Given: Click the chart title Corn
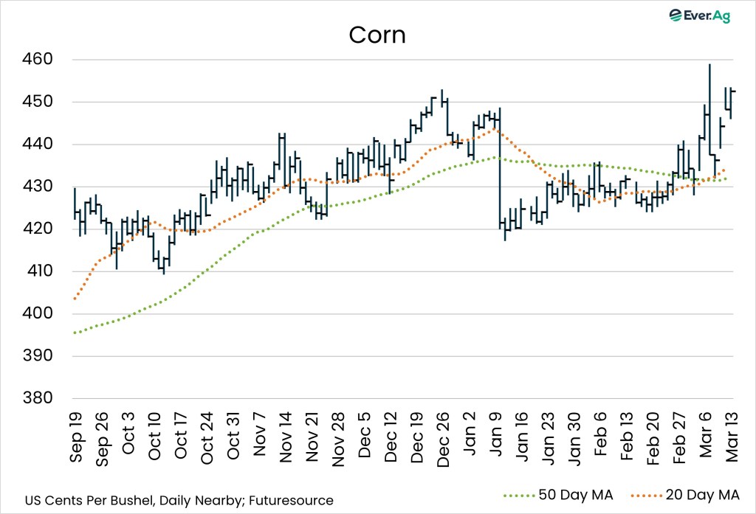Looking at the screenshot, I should [x=377, y=35].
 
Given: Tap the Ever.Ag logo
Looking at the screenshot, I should [x=698, y=15].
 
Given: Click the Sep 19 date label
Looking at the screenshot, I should [x=77, y=437].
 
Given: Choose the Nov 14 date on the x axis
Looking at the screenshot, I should [x=286, y=437].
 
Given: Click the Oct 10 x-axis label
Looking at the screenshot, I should [x=155, y=437].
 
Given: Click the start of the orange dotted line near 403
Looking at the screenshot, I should [x=75, y=299].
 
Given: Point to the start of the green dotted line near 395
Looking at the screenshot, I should [x=75, y=333].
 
